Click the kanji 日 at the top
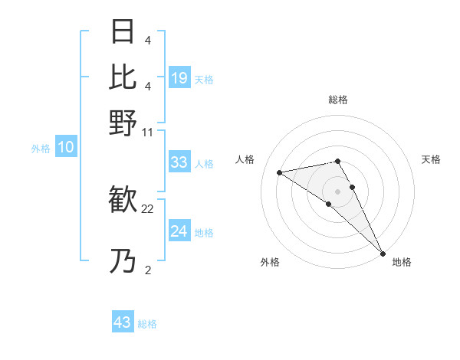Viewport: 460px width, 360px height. [123, 33]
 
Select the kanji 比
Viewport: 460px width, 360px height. [123, 77]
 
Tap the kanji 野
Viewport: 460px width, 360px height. [123, 122]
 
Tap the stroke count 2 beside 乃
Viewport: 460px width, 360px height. [147, 269]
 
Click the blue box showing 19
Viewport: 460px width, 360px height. [179, 77]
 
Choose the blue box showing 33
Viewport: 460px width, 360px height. [179, 162]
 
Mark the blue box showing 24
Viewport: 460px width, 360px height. [179, 231]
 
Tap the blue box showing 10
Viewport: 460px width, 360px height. [66, 147]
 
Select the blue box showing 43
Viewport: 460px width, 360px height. [123, 322]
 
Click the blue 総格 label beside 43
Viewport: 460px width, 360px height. [147, 324]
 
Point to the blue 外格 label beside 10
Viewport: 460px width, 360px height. [41, 149]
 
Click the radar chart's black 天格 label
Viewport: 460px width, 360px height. [431, 159]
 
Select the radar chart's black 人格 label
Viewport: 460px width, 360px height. [245, 159]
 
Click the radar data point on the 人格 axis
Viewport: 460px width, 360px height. [280, 172]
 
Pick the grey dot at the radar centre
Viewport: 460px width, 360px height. [337, 191]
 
